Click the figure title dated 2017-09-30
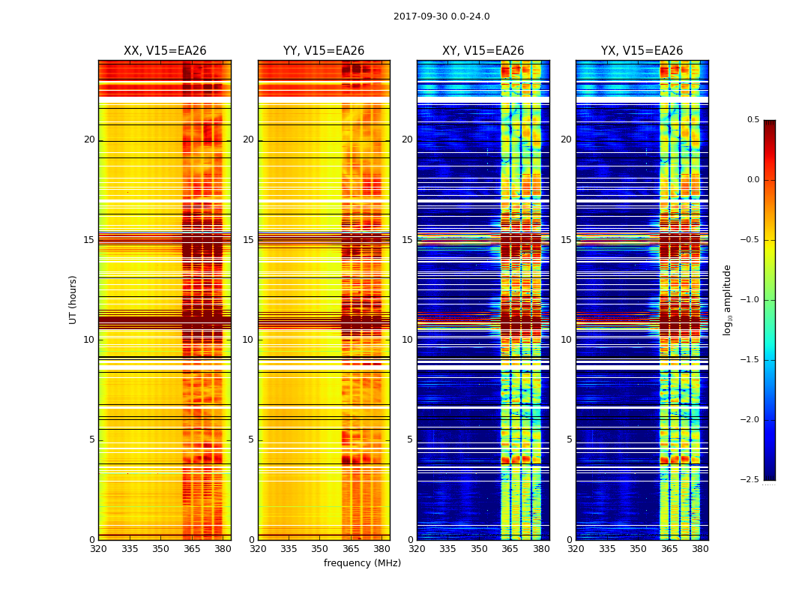[x=441, y=16]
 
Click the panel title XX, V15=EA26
[x=165, y=51]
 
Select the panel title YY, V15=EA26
[x=324, y=51]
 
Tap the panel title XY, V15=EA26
[x=483, y=51]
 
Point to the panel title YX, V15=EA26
[x=642, y=51]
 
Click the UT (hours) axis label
[x=73, y=299]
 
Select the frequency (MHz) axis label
[x=362, y=563]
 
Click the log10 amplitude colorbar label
[x=727, y=299]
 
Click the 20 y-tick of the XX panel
[x=89, y=139]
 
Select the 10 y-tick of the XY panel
[x=408, y=340]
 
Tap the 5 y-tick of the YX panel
[x=570, y=439]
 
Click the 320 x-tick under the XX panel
[x=98, y=549]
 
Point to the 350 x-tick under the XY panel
[x=479, y=549]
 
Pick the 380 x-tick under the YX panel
[x=700, y=549]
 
